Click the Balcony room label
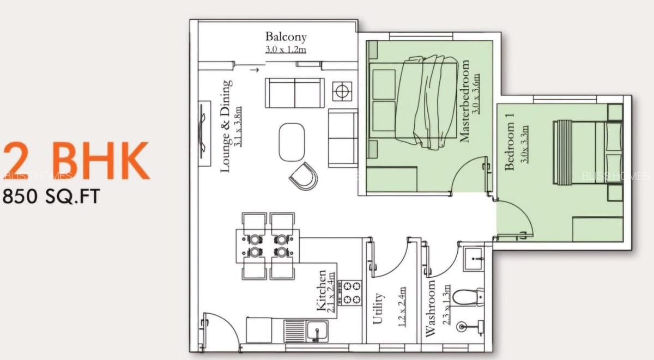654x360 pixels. tap(286, 37)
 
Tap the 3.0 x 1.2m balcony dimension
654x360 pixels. tap(286, 50)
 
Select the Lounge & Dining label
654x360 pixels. tap(227, 126)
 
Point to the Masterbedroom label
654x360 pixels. tap(465, 101)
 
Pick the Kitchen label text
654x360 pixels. tap(322, 290)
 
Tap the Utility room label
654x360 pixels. tap(378, 308)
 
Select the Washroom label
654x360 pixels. tap(431, 308)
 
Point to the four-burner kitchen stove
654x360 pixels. tap(349, 292)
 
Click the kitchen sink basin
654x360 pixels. tap(316, 330)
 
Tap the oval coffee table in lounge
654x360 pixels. tap(292, 142)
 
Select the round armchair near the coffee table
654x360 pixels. tap(304, 176)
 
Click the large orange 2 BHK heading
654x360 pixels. tap(76, 161)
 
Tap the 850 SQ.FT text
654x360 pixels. tap(52, 197)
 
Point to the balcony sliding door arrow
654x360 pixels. tap(254, 70)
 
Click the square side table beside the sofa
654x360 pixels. tap(342, 91)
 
